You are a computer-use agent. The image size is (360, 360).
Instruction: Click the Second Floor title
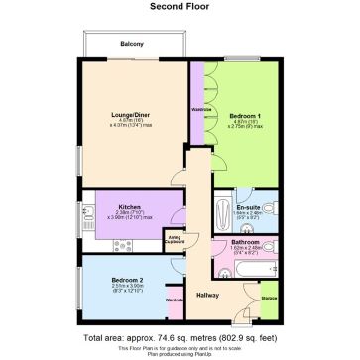tap(179, 6)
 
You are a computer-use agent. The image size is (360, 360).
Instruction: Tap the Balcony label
tap(133, 44)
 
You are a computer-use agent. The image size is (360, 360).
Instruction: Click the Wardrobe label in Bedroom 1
tap(197, 108)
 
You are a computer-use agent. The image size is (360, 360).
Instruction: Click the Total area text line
tap(180, 337)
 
